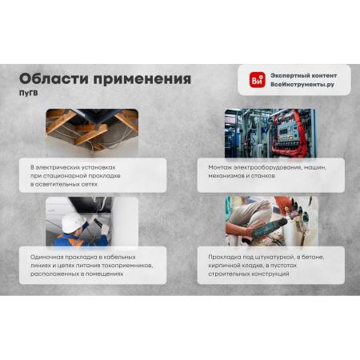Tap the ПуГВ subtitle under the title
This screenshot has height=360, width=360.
tap(29, 94)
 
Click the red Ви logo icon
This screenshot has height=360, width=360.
tap(258, 80)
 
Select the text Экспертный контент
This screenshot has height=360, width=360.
tap(303, 76)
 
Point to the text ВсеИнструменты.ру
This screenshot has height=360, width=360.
tap(302, 85)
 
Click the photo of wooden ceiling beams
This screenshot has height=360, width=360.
tap(92, 131)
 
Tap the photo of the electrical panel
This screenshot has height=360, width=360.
tap(270, 133)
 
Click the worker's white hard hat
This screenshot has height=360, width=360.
tap(73, 222)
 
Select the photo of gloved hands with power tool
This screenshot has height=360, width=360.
tap(271, 221)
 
